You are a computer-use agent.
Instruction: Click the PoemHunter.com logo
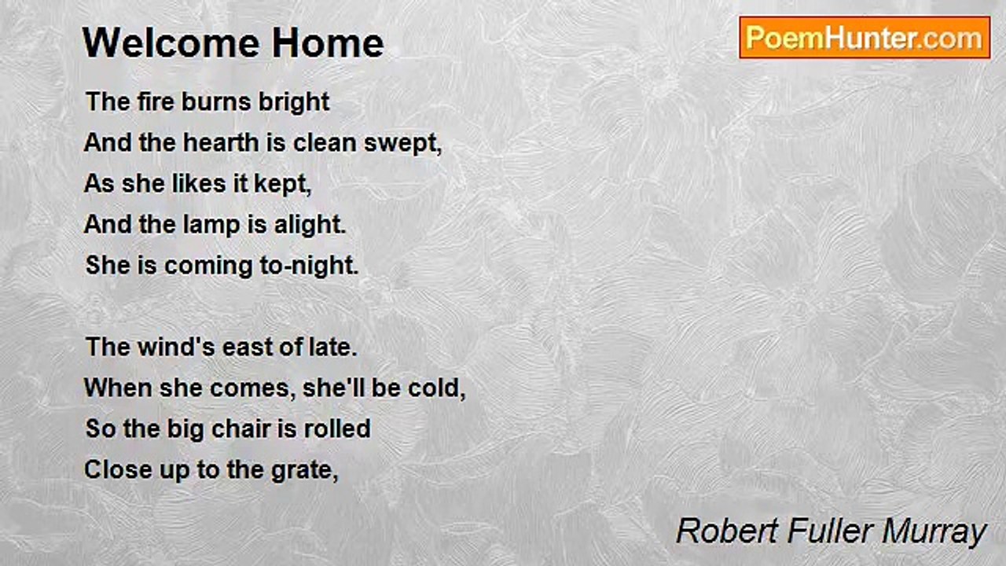(865, 38)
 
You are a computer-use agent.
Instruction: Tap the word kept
(283, 184)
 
